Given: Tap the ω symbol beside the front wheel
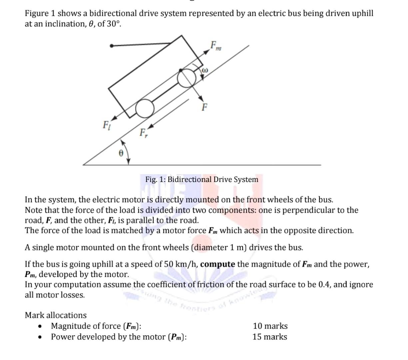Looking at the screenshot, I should (205, 70).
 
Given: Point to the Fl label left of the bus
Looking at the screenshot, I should (106, 125).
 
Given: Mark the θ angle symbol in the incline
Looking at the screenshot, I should (121, 153).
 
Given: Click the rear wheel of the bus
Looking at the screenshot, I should (145, 109).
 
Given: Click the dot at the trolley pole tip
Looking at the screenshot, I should (112, 46).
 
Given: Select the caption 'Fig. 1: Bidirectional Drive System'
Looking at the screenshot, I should (202, 179).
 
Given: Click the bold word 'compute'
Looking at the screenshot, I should (218, 264).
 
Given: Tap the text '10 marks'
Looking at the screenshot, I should (270, 326).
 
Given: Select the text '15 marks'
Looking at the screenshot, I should (269, 337).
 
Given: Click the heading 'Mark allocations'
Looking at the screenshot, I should (56, 315).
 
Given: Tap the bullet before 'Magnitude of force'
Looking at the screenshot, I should (41, 326).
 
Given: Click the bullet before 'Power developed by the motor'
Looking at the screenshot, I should (41, 337).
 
